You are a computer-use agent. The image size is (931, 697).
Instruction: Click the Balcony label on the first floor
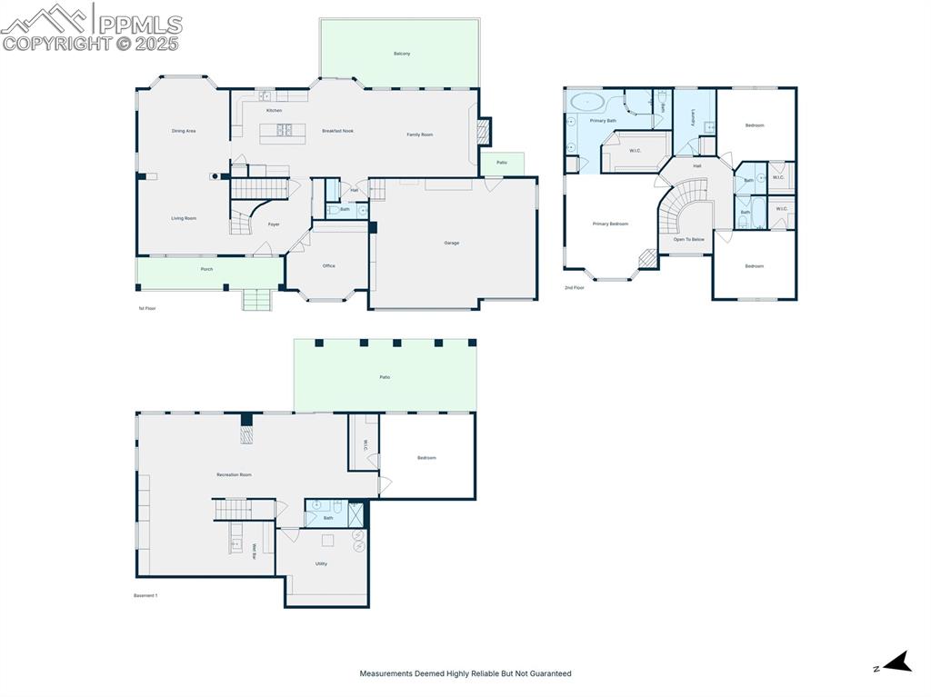pos(402,54)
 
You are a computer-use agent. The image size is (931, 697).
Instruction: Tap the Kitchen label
pos(274,111)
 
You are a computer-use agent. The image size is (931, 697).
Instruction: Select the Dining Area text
pos(184,131)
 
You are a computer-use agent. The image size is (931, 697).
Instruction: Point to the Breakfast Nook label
pos(337,131)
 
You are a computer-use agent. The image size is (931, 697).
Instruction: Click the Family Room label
pos(419,134)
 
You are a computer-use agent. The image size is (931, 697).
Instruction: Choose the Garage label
pos(451,243)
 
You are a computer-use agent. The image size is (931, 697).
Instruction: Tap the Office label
pos(328,266)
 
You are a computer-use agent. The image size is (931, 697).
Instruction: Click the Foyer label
pos(273,224)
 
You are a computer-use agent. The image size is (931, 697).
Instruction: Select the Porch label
pos(206,270)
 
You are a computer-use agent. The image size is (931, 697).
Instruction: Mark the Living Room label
pos(184,218)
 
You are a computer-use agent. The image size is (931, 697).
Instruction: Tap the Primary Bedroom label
pos(610,224)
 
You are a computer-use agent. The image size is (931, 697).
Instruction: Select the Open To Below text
pos(688,239)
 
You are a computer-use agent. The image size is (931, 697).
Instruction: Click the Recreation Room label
pos(234,474)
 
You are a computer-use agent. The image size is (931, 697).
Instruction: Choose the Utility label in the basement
pos(321,563)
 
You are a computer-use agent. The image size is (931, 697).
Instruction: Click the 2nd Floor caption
pos(574,287)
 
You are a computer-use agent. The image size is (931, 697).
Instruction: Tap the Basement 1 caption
pos(145,595)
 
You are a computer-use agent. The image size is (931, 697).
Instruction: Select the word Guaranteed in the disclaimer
pos(549,673)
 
